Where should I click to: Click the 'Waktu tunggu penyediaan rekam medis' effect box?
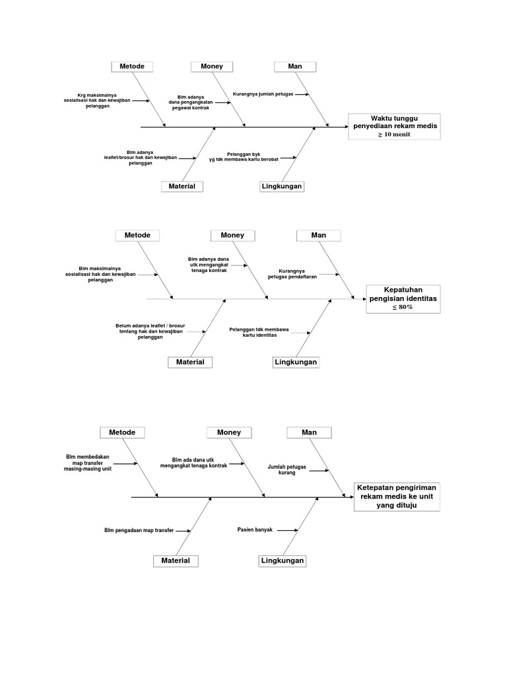coord(394,125)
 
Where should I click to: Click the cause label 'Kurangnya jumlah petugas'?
coord(262,94)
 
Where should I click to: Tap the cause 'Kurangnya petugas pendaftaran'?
coord(292,274)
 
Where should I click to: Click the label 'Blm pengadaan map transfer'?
coord(139,530)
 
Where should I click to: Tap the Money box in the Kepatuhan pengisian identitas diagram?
coord(232,235)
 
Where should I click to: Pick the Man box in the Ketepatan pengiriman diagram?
coord(309,432)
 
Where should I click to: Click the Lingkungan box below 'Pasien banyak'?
coord(283,560)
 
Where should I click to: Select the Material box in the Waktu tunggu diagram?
coord(182,186)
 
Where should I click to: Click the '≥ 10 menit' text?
coord(394,135)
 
